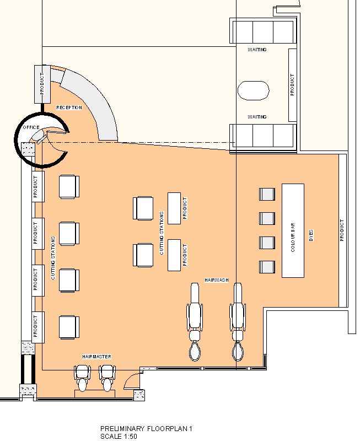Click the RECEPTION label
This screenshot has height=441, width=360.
(69, 107)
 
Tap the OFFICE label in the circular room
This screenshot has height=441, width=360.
(31, 127)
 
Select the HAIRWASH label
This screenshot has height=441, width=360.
(217, 280)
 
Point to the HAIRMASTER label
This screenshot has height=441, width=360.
(97, 357)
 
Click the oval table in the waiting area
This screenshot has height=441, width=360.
(254, 90)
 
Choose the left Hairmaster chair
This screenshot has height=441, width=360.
(82, 378)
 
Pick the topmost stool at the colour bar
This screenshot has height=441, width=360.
(267, 195)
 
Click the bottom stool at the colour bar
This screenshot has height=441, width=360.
(267, 267)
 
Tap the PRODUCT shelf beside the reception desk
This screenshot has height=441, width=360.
(42, 84)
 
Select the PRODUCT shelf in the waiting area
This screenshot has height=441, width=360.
(292, 84)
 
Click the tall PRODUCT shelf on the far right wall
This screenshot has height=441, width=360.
(342, 230)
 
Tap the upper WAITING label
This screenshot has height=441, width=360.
(257, 50)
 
